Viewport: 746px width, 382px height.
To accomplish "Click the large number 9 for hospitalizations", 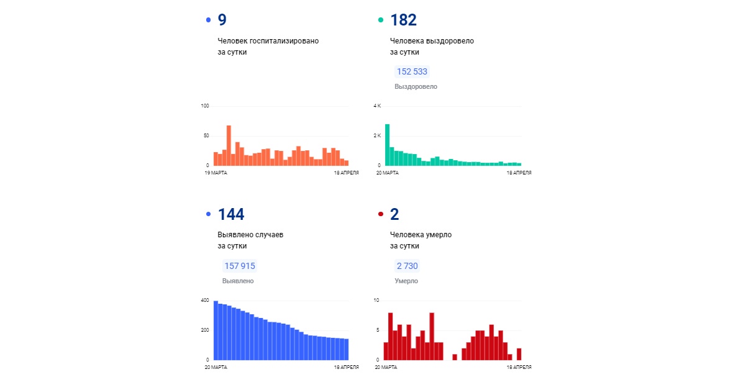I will pyautogui.click(x=222, y=20).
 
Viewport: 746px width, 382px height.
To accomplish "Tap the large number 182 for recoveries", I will pyautogui.click(x=403, y=20).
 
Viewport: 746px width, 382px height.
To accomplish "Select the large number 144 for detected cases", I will pyautogui.click(x=230, y=214).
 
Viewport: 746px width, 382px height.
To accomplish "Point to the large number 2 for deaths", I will pyautogui.click(x=394, y=214).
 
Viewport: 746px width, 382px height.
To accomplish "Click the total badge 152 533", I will pyautogui.click(x=412, y=71).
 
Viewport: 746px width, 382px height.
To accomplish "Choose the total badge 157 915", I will pyautogui.click(x=240, y=266).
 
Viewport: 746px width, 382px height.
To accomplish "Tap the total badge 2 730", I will pyautogui.click(x=407, y=266).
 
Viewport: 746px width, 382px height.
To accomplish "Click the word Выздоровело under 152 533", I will pyautogui.click(x=416, y=87).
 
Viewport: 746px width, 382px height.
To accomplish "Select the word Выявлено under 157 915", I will pyautogui.click(x=238, y=281).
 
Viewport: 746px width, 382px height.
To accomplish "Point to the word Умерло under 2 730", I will pyautogui.click(x=406, y=281).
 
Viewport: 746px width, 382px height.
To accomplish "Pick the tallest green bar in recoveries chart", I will pyautogui.click(x=387, y=145).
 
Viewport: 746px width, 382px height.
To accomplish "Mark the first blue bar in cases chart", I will pyautogui.click(x=216, y=330).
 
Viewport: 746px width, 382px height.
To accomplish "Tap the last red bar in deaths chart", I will pyautogui.click(x=519, y=354).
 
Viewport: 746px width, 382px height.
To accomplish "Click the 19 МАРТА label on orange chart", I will pyautogui.click(x=216, y=173).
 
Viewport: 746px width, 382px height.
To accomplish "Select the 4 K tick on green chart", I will pyautogui.click(x=377, y=106).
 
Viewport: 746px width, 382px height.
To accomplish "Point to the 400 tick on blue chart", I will pyautogui.click(x=204, y=301).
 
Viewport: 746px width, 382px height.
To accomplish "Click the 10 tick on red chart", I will pyautogui.click(x=376, y=301).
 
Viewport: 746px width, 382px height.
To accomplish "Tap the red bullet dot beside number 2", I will pyautogui.click(x=381, y=215).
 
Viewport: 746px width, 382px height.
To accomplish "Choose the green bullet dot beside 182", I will pyautogui.click(x=381, y=20).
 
